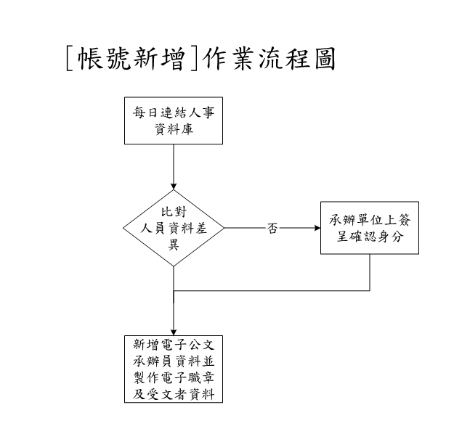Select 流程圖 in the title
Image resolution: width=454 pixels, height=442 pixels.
[x=297, y=59]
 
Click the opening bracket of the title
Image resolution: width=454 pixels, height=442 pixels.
[x=70, y=59]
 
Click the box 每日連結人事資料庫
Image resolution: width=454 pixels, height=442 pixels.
[x=174, y=120]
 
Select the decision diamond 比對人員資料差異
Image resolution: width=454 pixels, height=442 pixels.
[x=174, y=228]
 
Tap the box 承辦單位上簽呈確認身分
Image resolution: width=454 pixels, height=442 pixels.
[x=370, y=228]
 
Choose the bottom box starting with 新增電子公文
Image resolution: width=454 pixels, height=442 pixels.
[x=174, y=369]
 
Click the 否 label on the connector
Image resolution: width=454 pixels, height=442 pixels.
[x=272, y=228]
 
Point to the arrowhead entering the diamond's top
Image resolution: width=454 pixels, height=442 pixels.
[x=174, y=187]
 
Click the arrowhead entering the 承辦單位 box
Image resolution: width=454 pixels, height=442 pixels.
[x=317, y=228]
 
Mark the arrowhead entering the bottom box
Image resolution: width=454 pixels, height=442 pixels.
[x=174, y=332]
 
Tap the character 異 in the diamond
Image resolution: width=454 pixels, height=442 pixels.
[x=174, y=245]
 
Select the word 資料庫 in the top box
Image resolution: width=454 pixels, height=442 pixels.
[x=174, y=129]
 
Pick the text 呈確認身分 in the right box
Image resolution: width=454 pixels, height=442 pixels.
[x=370, y=237]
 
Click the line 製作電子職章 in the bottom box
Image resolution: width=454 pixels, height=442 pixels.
[x=174, y=377]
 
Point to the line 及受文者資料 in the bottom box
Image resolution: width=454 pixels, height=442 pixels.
[x=174, y=394]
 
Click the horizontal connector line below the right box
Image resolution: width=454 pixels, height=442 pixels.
[x=272, y=290]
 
